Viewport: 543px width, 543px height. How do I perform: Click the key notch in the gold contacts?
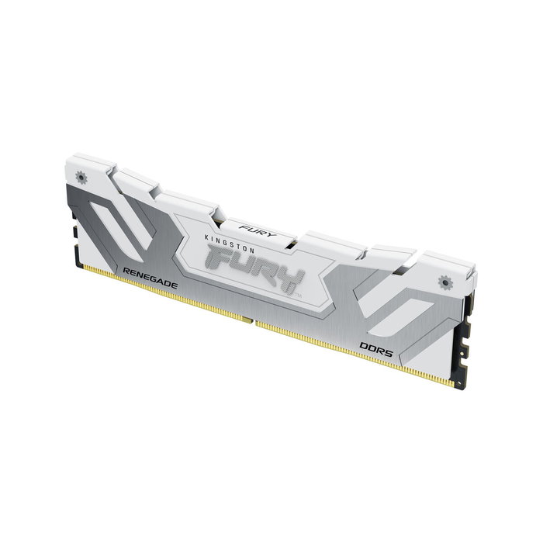point(250,319)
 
